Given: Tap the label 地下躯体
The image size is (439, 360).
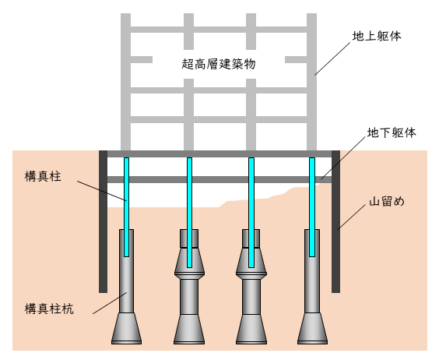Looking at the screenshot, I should click(392, 133).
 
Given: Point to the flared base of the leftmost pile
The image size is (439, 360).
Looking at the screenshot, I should click(126, 329).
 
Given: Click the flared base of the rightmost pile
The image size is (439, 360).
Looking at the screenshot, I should click(312, 329).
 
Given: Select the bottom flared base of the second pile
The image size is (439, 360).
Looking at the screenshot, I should click(188, 329).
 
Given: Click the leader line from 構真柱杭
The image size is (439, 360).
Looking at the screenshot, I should click(109, 303).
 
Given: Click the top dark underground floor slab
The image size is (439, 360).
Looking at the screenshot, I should click(219, 154).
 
